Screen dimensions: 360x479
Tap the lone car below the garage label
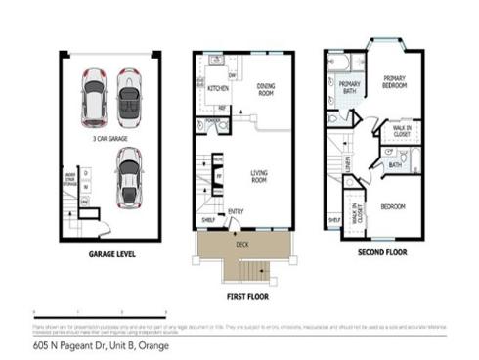(128, 178)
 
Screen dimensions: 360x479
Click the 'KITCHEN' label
(218, 88)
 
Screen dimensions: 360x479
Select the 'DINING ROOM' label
(266, 89)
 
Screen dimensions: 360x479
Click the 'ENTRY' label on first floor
(237, 211)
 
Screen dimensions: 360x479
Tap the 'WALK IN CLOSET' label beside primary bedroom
(402, 131)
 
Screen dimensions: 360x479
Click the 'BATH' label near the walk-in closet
(395, 165)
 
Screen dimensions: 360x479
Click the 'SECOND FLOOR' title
(377, 252)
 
